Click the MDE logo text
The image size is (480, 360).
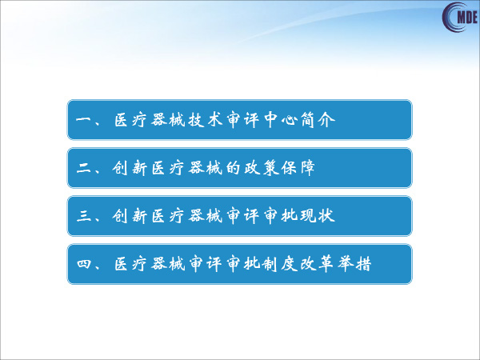coord(467,17)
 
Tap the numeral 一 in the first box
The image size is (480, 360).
coord(83,120)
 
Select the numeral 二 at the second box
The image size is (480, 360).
coord(84,168)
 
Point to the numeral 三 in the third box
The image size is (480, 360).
coord(84,216)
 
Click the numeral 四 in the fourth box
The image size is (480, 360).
coord(84,264)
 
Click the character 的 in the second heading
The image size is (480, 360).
coord(233,168)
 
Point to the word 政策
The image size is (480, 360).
coord(262,168)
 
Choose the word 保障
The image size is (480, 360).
coord(298,168)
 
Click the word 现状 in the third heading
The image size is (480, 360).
coord(317,216)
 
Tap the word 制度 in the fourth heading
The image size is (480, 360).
coord(280,264)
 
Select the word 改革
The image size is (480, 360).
coord(317,264)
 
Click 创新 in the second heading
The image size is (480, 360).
coord(129,168)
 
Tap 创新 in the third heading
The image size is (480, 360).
coord(129,216)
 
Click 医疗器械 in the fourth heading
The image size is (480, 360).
coord(150,264)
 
